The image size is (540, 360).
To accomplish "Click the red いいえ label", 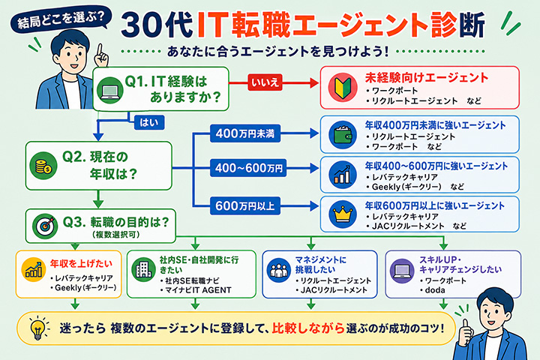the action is click(x=265, y=82).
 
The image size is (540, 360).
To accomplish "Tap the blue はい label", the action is click(x=149, y=122).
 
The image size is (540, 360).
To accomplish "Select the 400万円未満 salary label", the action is click(x=245, y=133).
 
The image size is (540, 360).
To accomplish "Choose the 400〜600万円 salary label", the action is click(x=248, y=168).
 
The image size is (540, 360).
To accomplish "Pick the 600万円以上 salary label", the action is click(x=245, y=206).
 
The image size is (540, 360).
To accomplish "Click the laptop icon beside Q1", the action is click(x=109, y=89).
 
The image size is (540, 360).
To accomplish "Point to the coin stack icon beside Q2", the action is click(x=43, y=166).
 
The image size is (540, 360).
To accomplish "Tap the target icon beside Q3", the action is click(x=45, y=225).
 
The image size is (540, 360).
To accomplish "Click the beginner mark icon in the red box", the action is click(x=342, y=87).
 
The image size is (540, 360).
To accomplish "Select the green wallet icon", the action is click(x=342, y=135).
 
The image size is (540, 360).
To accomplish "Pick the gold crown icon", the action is click(x=342, y=214).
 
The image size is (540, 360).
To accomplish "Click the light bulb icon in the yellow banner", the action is click(x=38, y=328).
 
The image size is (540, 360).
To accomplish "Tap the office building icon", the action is click(x=143, y=269).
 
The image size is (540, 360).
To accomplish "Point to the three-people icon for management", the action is click(x=278, y=270).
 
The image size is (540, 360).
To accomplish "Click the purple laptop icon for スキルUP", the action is click(x=402, y=271).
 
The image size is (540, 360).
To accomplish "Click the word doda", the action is click(x=435, y=290).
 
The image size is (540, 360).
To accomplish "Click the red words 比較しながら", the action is click(x=308, y=328).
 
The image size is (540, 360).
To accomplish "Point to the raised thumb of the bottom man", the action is click(x=466, y=330).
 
